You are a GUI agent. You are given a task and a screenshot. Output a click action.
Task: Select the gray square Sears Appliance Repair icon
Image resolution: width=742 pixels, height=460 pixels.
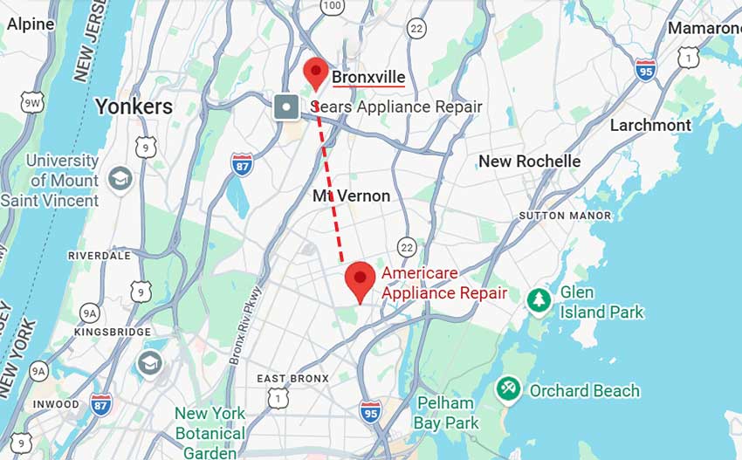pyautogui.click(x=286, y=107)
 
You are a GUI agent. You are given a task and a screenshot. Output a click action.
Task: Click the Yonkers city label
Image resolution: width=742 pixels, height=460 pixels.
pyautogui.click(x=134, y=106)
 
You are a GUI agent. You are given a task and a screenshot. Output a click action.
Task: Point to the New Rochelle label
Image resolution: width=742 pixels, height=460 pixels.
pyautogui.click(x=529, y=161)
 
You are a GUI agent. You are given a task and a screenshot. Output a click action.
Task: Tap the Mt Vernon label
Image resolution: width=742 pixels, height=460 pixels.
pyautogui.click(x=351, y=196)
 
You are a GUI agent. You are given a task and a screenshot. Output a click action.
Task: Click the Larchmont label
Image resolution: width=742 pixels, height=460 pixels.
pyautogui.click(x=650, y=125)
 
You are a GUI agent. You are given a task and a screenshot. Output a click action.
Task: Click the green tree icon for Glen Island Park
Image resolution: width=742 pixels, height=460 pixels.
pyautogui.click(x=539, y=300)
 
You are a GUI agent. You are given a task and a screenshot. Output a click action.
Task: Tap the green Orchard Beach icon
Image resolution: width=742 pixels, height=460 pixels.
pyautogui.click(x=508, y=390)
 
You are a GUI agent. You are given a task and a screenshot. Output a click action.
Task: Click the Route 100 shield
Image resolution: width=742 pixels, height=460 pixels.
pyautogui.click(x=332, y=6)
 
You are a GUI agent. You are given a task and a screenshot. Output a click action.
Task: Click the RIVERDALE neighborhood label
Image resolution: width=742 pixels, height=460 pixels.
pyautogui.click(x=99, y=256)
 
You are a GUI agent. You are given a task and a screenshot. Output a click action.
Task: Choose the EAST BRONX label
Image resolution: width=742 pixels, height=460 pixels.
pyautogui.click(x=293, y=378)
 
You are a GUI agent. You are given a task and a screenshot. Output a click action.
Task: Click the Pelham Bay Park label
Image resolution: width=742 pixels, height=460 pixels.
pyautogui.click(x=448, y=413)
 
